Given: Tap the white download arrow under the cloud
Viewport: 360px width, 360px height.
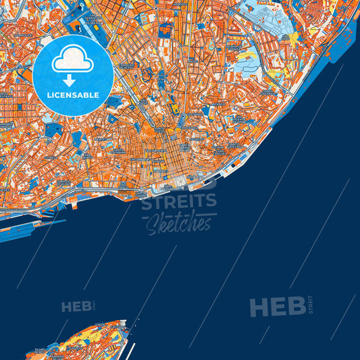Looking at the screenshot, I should pyautogui.click(x=72, y=80).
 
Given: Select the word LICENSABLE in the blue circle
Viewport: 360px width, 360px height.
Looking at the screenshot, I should pyautogui.click(x=72, y=95).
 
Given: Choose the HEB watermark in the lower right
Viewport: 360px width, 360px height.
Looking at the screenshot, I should pyautogui.click(x=277, y=307).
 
